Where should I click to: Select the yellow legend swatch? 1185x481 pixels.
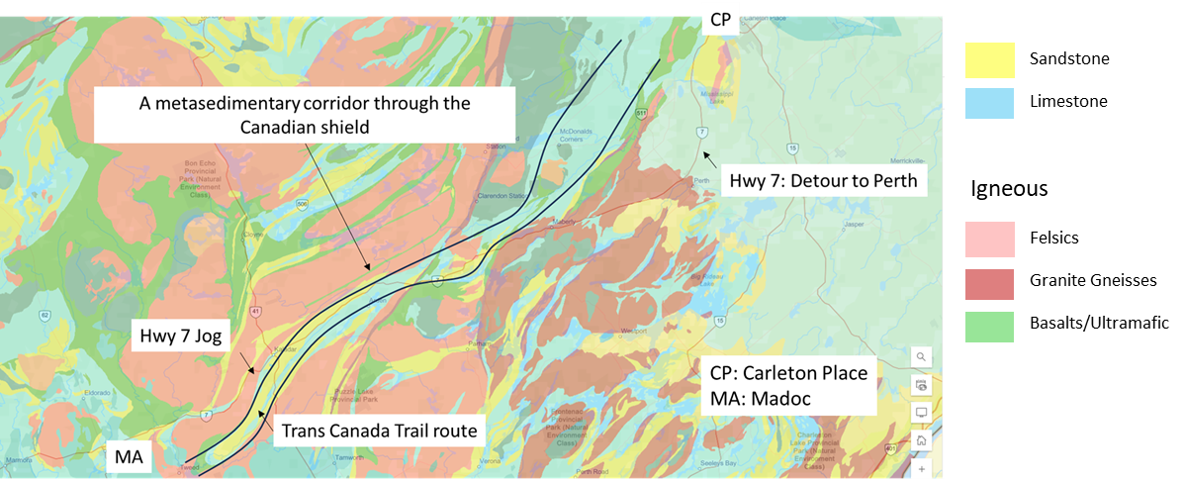coord(989,60)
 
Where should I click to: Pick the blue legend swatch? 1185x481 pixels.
coord(989,104)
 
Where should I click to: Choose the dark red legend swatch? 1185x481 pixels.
coord(989,284)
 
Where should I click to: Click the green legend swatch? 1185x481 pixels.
coord(989,328)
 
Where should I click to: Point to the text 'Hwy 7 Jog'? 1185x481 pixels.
coord(182,337)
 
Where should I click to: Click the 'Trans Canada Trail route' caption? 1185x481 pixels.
coord(379,431)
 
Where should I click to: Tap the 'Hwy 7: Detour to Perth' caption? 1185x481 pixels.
coord(823,181)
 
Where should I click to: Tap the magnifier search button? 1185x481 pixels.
coord(921,356)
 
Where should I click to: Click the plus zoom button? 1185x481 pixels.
coord(921,467)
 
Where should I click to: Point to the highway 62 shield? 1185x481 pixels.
coord(46,316)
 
